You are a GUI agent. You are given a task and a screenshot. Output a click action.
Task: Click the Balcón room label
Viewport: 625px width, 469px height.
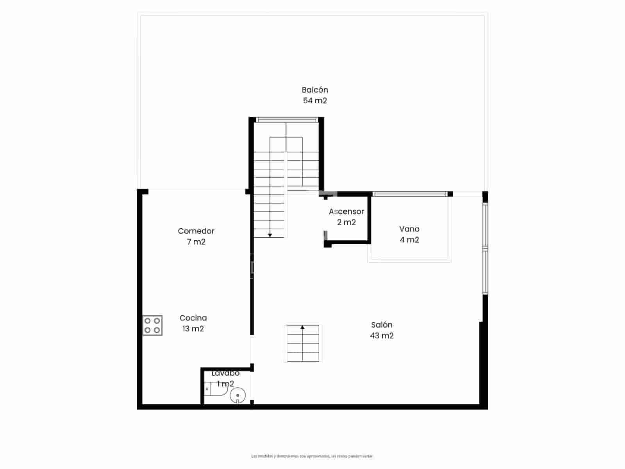click(x=315, y=90)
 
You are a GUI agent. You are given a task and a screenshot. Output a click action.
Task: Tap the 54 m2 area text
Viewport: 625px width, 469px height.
click(x=315, y=100)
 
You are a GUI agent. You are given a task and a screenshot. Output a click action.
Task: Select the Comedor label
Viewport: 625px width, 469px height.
click(x=196, y=231)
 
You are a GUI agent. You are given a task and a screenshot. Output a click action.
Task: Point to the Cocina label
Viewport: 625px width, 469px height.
click(x=193, y=318)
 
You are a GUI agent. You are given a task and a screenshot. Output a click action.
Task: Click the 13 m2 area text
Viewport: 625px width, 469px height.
click(x=193, y=329)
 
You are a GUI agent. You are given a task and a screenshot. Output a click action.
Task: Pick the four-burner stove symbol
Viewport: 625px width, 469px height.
click(x=152, y=326)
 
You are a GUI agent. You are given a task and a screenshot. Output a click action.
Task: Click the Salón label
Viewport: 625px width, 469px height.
click(x=382, y=325)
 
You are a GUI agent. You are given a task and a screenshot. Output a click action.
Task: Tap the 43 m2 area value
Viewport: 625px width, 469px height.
click(x=382, y=335)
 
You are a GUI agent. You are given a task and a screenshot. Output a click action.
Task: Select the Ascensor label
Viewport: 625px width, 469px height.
click(x=346, y=211)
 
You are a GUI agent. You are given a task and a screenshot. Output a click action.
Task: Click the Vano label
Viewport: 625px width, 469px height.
click(x=409, y=229)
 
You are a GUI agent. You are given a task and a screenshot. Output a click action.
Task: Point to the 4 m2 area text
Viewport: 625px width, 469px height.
click(x=409, y=240)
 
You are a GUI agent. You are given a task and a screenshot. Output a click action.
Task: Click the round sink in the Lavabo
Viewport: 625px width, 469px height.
click(x=237, y=396)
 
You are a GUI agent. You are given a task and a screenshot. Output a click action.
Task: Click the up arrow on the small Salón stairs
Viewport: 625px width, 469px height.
click(x=302, y=328)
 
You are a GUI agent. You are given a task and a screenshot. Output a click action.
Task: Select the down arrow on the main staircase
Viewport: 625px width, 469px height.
click(x=270, y=235)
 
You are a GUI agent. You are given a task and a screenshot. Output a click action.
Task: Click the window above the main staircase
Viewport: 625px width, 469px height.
click(x=286, y=120)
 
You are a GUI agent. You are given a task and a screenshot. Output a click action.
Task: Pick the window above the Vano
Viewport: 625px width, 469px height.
click(x=409, y=194)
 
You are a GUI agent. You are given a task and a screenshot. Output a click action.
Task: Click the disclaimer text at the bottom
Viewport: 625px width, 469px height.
click(x=312, y=456)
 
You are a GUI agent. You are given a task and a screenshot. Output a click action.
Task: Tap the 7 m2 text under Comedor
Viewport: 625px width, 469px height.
click(x=196, y=242)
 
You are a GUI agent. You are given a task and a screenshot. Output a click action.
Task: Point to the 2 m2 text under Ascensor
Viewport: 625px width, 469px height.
click(x=346, y=222)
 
